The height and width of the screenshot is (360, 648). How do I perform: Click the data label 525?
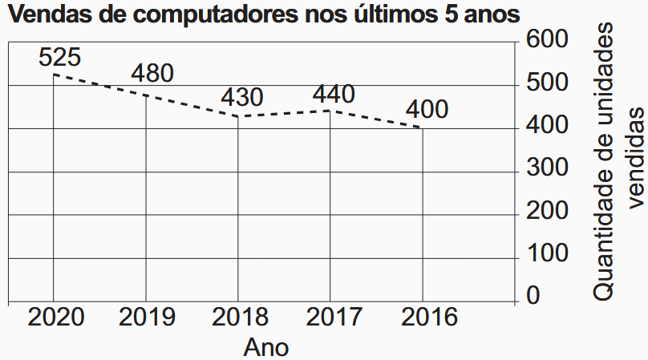coord(59,58)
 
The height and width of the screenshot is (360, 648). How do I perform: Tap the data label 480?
coord(152,73)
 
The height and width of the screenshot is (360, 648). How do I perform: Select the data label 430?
coord(242,98)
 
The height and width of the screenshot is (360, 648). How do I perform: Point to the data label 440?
coord(334,94)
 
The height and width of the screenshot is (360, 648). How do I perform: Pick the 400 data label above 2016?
coord(427,109)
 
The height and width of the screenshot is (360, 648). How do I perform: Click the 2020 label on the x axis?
coord(56,317)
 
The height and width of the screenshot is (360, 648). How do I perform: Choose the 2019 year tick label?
coord(147,317)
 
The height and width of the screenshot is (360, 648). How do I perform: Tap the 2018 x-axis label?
coord(240,317)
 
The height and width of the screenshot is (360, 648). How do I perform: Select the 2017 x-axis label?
coord(331,317)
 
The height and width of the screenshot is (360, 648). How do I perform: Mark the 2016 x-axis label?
coord(423,317)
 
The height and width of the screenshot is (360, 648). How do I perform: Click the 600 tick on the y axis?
coord(548,38)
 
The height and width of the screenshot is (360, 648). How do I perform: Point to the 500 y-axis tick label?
coord(548,83)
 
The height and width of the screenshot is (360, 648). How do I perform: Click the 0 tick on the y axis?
coord(533,297)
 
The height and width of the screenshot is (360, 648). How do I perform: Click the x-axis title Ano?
coord(265,347)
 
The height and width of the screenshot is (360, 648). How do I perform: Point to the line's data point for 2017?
coord(330,110)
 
